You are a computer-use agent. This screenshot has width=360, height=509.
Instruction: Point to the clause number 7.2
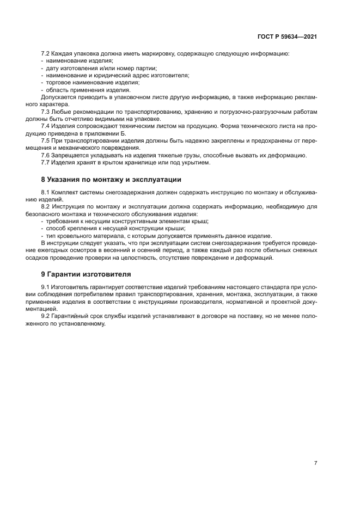click(46, 53)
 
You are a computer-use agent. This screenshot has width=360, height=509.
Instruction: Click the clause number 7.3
click(46, 111)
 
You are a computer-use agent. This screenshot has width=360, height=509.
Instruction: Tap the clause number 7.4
click(46, 126)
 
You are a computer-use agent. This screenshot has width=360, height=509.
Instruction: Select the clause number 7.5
click(46, 140)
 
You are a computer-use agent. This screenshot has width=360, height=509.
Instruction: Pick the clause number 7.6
click(46, 155)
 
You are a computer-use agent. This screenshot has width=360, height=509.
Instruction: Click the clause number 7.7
click(46, 162)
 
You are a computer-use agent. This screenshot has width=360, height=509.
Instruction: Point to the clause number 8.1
click(46, 192)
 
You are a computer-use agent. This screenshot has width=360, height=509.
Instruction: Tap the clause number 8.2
click(46, 207)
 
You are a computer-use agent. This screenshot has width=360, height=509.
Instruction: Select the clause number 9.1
click(46, 287)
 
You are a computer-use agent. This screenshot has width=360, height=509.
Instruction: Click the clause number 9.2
click(46, 316)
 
